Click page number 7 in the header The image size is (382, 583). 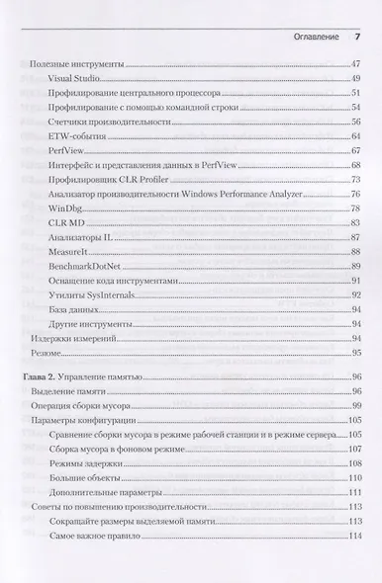coord(357,38)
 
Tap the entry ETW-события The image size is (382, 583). coord(75,135)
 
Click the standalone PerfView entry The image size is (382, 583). coord(65,150)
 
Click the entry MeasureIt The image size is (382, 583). coord(68,254)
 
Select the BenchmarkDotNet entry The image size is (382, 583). coord(85,268)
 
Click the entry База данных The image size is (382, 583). coord(74,310)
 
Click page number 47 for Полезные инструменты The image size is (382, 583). coord(356,64)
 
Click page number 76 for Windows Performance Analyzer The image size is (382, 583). coord(356,196)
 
